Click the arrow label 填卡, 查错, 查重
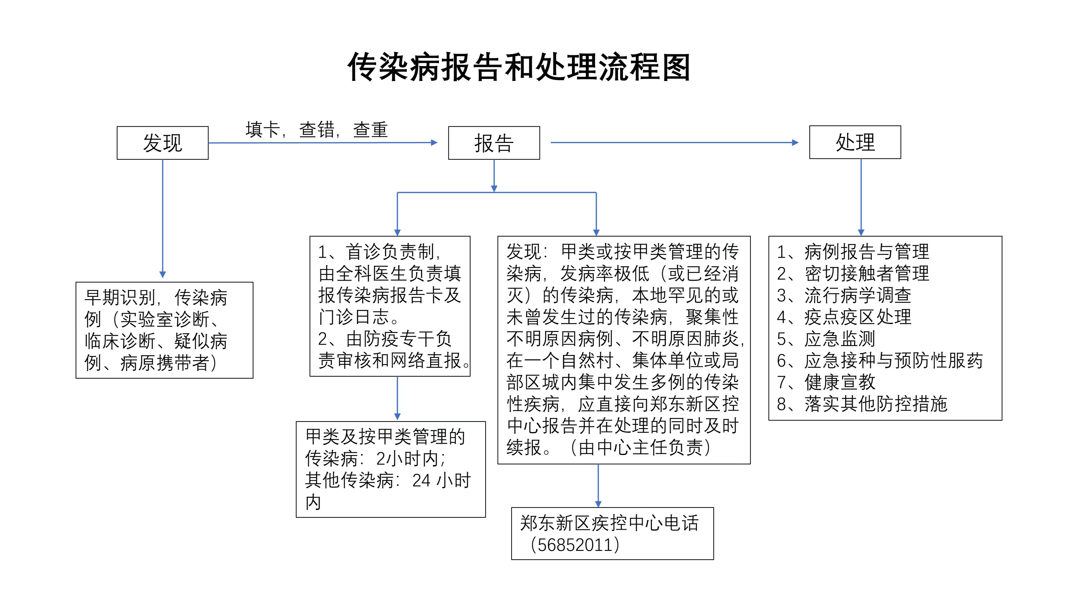[x=317, y=129]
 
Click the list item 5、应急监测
[x=826, y=339]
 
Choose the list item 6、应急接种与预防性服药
[x=880, y=360]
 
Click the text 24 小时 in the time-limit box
[x=441, y=480]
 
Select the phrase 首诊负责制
[x=390, y=252]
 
